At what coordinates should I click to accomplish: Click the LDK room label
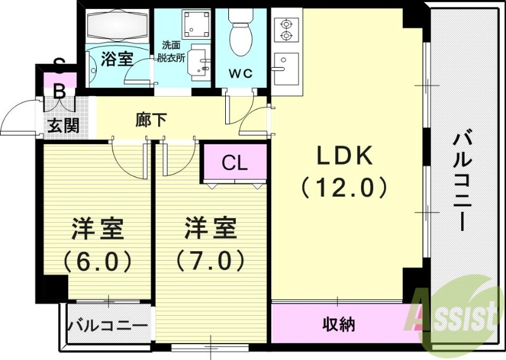point(344,156)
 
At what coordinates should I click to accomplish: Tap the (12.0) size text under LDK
point(344,187)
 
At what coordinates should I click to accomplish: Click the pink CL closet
point(234,163)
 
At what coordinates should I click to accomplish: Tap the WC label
point(240,73)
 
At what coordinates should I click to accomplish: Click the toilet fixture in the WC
point(240,35)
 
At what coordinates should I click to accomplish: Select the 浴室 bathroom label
point(116,59)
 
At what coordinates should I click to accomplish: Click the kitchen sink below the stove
point(285,65)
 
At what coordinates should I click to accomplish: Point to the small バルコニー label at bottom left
point(108,326)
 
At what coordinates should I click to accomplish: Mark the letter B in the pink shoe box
point(59,92)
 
